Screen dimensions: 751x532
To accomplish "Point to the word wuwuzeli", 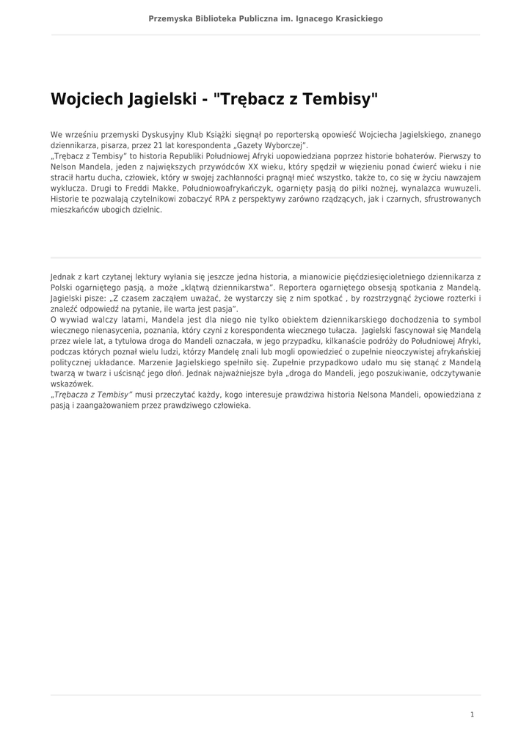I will (x=461, y=188).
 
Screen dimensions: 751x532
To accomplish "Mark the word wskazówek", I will (x=71, y=384).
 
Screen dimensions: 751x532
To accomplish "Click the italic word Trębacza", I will (x=75, y=394).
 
